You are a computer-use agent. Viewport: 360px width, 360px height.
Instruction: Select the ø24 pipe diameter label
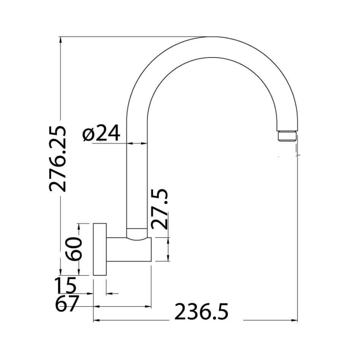102,134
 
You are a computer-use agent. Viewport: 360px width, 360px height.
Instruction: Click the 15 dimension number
66,286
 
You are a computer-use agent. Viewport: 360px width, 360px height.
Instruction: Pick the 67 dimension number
67,304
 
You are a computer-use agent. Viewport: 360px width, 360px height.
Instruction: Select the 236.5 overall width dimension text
202,313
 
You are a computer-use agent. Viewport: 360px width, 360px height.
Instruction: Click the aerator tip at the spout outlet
288,136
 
